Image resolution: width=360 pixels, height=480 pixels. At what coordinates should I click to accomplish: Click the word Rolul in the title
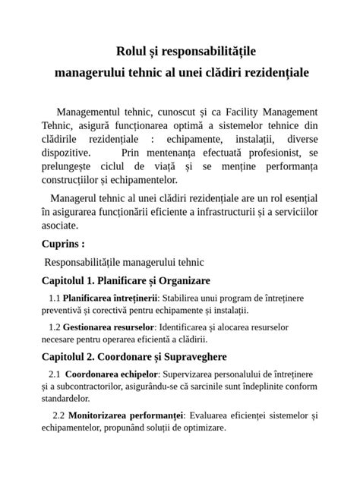pyautogui.click(x=131, y=52)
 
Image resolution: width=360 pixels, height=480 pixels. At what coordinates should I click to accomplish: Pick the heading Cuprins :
pyautogui.click(x=63, y=244)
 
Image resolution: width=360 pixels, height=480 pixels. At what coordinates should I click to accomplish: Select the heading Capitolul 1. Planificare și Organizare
pyautogui.click(x=125, y=281)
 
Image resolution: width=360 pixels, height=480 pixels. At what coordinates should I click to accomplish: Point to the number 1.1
pyautogui.click(x=53, y=298)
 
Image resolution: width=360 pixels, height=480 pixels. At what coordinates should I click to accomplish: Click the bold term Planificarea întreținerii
pyautogui.click(x=110, y=298)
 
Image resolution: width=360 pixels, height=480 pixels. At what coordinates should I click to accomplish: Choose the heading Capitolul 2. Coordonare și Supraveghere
pyautogui.click(x=134, y=356)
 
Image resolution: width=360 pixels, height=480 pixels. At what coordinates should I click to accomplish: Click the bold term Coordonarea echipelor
pyautogui.click(x=112, y=374)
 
